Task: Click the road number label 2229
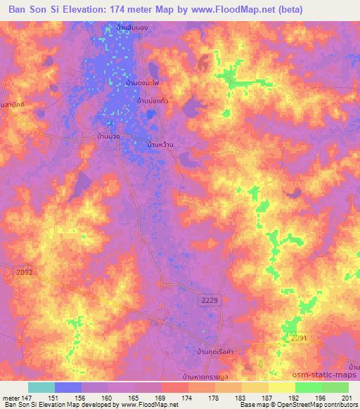[210, 300]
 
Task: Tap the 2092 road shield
[23, 271]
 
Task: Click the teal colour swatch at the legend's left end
[41, 387]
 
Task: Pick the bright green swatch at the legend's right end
[336, 387]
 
